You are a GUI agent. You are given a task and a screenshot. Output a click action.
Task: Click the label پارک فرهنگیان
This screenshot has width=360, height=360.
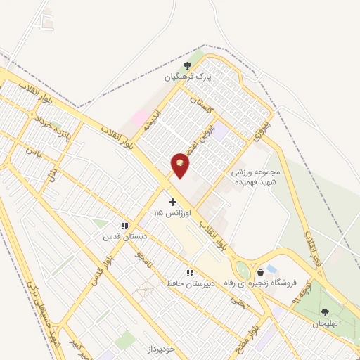(x=188, y=73)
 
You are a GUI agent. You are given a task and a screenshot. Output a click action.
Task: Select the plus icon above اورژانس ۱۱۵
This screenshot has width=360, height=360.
(x=172, y=202)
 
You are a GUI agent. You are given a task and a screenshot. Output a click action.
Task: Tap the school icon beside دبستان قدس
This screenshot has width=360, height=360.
(x=124, y=226)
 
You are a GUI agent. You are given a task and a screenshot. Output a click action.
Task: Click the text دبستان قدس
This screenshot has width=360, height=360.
(x=117, y=236)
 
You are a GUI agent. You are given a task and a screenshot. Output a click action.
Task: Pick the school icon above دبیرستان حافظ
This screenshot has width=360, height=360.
(x=189, y=273)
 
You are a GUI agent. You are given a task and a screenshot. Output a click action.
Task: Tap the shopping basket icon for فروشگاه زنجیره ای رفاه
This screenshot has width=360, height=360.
(x=261, y=272)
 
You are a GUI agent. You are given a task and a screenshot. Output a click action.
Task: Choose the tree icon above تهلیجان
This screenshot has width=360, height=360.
(x=324, y=312)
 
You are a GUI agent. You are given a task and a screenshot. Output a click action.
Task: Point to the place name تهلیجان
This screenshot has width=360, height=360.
(x=325, y=323)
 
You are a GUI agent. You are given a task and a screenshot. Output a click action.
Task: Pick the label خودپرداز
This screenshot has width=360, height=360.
(x=155, y=349)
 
